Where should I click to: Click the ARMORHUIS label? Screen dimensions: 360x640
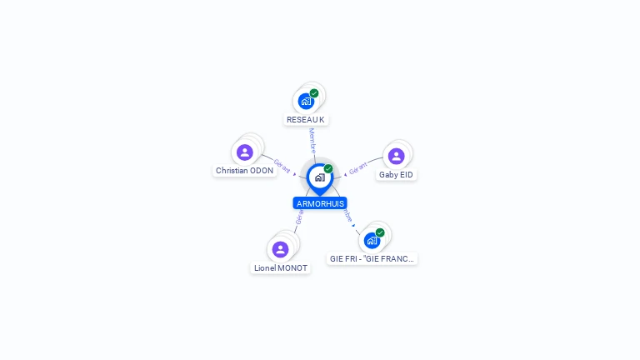320,203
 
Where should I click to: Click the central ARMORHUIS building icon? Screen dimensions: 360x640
319,177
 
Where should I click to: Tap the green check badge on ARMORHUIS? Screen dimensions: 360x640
328,169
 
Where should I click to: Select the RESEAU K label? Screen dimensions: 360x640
305,120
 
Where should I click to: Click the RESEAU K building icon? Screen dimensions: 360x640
306,102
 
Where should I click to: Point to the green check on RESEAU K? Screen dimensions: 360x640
314,93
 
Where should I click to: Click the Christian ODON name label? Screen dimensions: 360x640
244,171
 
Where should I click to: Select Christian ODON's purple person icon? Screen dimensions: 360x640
244,152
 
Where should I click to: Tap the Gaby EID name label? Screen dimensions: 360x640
396,175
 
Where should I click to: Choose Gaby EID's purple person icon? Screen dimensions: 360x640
396,156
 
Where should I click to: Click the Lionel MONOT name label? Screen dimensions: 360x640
281,268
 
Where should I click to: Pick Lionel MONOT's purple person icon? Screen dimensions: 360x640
280,249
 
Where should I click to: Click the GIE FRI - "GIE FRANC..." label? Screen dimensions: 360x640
372,259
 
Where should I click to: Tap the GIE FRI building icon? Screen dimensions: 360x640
372,241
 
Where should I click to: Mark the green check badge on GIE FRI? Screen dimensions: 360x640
380,232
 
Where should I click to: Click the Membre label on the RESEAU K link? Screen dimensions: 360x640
312,140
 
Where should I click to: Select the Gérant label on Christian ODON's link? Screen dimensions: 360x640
282,166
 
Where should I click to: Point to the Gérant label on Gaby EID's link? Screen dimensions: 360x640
357,167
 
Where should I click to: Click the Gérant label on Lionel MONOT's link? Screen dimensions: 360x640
299,217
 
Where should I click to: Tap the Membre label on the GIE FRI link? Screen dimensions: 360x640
347,215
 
